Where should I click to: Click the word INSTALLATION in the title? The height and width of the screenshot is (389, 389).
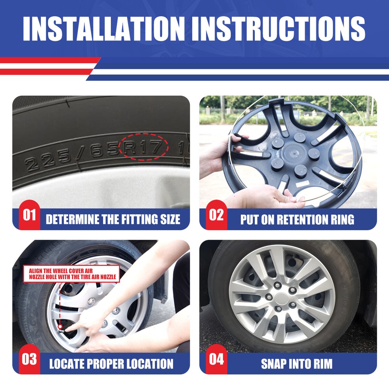(104, 28)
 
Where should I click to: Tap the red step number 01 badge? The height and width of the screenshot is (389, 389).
(29, 215)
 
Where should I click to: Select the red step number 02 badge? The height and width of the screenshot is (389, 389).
(216, 215)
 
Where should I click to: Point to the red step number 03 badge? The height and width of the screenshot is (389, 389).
(29, 359)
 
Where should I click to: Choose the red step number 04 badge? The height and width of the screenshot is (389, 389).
(216, 359)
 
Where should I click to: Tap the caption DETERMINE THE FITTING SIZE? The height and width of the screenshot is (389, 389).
(113, 219)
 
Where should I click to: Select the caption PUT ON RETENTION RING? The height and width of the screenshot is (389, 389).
(297, 219)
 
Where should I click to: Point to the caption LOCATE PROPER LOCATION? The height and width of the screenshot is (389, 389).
(111, 364)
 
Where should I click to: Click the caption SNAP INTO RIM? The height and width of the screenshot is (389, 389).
(297, 364)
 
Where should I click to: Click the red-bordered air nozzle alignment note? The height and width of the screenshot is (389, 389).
(72, 274)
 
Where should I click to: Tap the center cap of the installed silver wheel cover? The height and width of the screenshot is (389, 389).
(281, 299)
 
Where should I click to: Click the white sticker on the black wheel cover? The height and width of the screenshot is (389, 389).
(302, 184)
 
